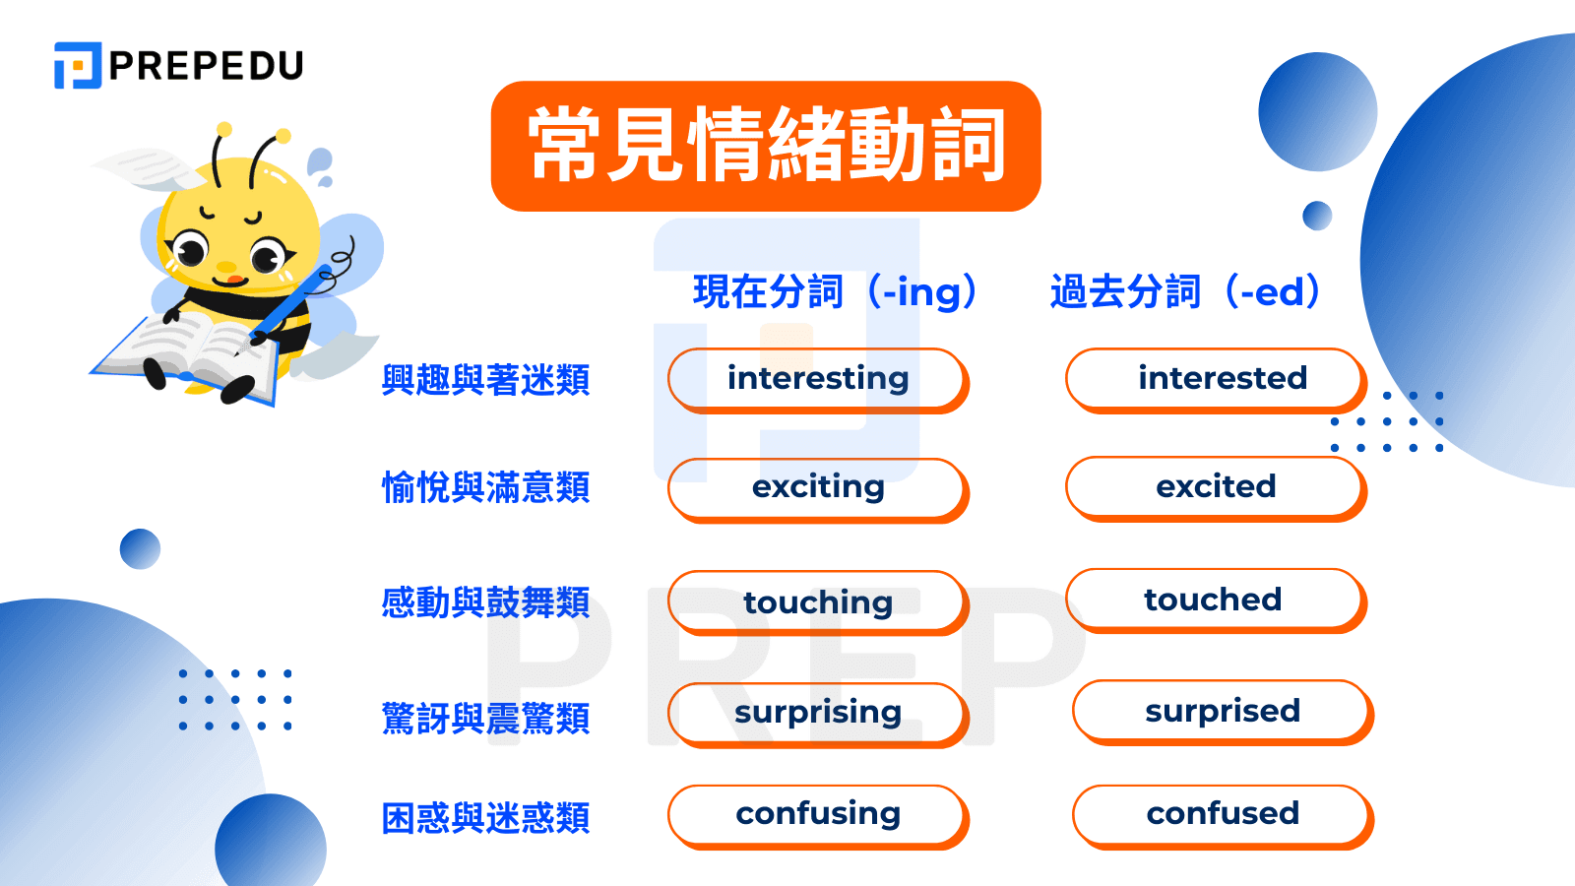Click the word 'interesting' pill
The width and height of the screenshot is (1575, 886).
click(x=818, y=379)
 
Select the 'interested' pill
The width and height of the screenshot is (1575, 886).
click(x=1216, y=379)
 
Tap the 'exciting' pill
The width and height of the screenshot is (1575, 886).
click(x=818, y=488)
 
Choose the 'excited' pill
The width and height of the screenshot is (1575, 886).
click(x=1216, y=487)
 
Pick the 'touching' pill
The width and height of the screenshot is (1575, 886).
click(x=818, y=601)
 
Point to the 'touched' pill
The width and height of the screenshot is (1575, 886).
click(x=1216, y=600)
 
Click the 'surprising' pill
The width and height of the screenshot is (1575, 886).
click(x=818, y=713)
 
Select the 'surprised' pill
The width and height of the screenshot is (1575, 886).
click(x=1223, y=711)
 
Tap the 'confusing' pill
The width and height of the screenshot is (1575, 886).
click(x=818, y=815)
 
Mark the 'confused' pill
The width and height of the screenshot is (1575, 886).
click(x=1223, y=815)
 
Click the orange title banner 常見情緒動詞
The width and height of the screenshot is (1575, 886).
click(x=766, y=146)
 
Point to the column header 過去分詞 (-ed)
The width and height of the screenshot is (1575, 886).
click(x=1185, y=292)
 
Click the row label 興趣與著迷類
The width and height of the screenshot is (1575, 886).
click(x=485, y=380)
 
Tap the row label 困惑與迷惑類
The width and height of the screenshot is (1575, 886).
click(x=485, y=818)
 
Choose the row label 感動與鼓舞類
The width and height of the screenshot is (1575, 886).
click(x=485, y=602)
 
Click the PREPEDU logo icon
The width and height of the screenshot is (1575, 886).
click(x=78, y=65)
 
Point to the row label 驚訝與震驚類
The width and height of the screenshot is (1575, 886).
click(x=485, y=719)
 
